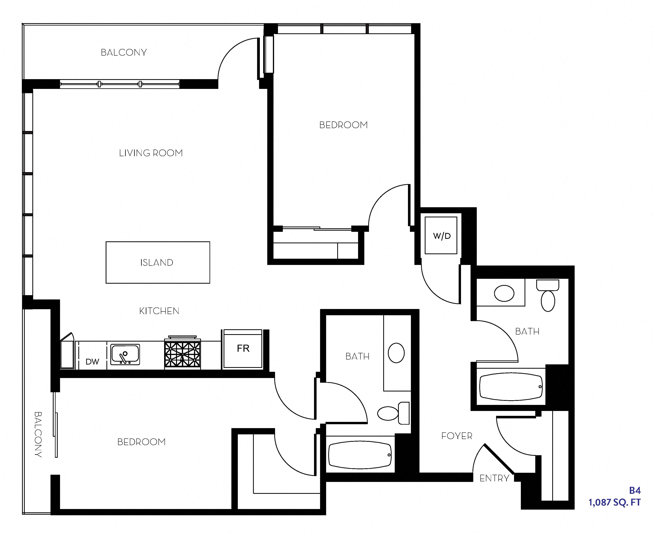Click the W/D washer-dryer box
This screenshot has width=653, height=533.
(441, 236)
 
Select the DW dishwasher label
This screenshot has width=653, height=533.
(92, 362)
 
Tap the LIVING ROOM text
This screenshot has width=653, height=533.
(151, 153)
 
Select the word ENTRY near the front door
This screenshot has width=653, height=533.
(494, 478)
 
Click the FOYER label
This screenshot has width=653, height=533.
(457, 436)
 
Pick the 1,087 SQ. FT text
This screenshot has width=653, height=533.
(614, 502)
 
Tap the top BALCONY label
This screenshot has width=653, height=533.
(124, 52)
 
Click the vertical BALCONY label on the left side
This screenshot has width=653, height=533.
(38, 434)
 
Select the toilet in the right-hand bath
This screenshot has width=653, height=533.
(548, 296)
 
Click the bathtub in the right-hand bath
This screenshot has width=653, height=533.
(511, 387)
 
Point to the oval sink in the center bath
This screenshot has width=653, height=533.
(396, 353)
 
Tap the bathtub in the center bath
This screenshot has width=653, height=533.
(360, 455)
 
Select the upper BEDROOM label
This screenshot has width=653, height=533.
(343, 125)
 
